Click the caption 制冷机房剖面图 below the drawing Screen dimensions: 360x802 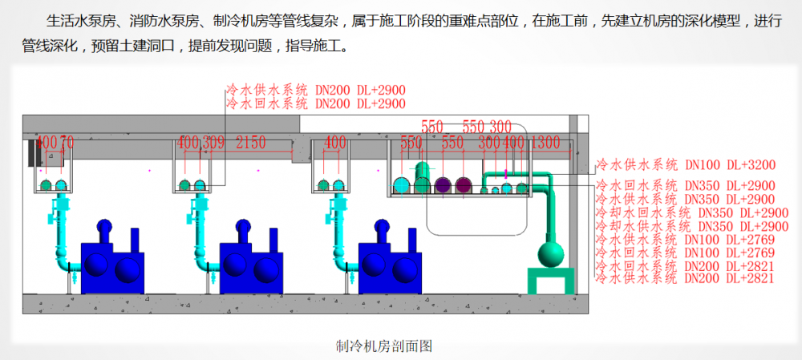click(385, 346)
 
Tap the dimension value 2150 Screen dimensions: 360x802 click(250, 143)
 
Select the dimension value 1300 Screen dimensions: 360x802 click(545, 143)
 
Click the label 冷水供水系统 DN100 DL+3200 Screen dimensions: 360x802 click(685, 166)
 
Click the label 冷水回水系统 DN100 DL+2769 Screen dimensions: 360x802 click(685, 252)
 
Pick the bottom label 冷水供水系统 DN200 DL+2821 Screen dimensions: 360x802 click(685, 278)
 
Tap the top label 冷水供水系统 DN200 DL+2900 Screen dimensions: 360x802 click(316, 90)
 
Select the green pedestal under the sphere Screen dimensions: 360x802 click(551, 281)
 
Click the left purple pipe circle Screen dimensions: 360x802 click(443, 185)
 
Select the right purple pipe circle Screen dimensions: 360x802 click(463, 185)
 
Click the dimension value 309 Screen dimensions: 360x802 click(214, 143)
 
